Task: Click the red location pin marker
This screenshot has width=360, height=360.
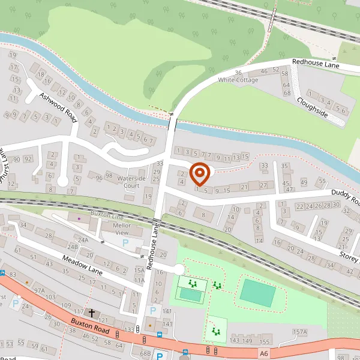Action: pos(199,174)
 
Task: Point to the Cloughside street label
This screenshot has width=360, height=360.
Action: pos(312,107)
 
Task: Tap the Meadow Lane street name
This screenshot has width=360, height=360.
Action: pos(82,263)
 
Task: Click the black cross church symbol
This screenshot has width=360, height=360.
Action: pos(92,313)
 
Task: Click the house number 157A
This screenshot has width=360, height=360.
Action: pos(299,332)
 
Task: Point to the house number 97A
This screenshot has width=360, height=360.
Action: pos(40,290)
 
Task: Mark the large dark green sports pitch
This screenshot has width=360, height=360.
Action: pos(257,292)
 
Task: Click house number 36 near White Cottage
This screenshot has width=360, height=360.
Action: pos(238,73)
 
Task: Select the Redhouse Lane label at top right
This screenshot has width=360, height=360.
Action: pos(316,63)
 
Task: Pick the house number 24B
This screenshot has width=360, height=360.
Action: pos(73,247)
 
